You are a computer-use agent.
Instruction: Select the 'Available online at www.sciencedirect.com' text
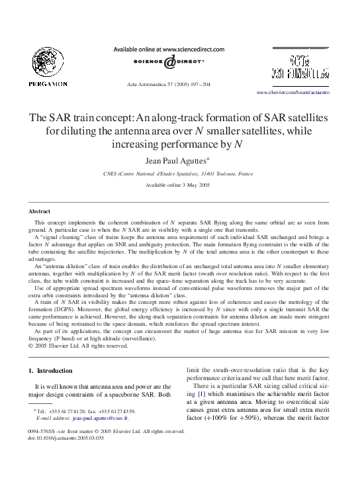(x=164, y=49)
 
